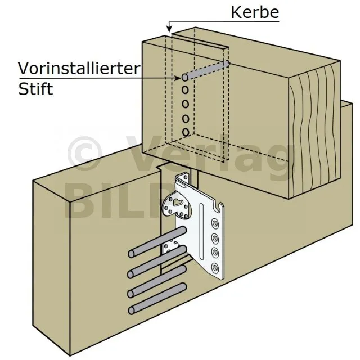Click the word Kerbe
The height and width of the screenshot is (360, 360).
coord(255,12)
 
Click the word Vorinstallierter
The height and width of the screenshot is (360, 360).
coord(79,68)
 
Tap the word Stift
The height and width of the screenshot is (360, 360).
coord(35,89)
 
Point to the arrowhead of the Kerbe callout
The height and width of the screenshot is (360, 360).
coord(169,29)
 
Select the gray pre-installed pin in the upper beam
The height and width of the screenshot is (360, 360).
coord(206,70)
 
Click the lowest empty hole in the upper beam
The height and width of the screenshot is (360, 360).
coord(186,133)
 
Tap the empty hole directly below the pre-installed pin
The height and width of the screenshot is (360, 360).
coord(185,89)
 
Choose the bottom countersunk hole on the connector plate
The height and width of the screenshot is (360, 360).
coord(215,267)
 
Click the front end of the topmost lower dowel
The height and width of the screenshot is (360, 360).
coord(131,254)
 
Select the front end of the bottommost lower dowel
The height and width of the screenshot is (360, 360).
coord(131,310)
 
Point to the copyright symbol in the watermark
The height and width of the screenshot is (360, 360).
coord(84,154)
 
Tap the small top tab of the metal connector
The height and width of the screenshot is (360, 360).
coord(184,178)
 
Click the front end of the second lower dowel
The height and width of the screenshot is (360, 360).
coord(130,274)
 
